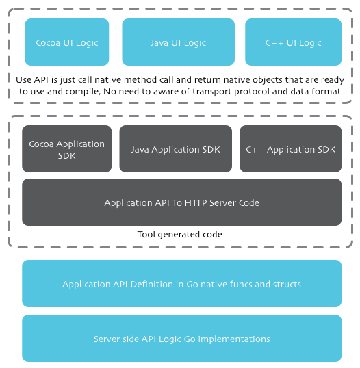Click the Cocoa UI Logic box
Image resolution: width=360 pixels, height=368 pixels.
[x=67, y=42]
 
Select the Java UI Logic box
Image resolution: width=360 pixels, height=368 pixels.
[x=178, y=42]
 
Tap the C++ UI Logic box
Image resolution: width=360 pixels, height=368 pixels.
[x=294, y=42]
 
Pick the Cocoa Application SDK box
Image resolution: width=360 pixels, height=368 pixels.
[x=67, y=148]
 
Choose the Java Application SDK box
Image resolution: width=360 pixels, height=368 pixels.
[x=176, y=148]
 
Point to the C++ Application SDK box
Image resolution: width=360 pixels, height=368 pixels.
[x=291, y=148]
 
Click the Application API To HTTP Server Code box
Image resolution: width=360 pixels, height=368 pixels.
[x=182, y=202]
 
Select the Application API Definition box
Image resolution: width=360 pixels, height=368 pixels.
[x=182, y=283]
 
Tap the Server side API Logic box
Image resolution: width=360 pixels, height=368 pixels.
[x=182, y=338]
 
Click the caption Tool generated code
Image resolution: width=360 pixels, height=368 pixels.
[x=180, y=234]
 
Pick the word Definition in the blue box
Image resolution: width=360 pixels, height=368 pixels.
[x=152, y=285]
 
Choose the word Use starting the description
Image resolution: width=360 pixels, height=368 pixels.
[x=23, y=80]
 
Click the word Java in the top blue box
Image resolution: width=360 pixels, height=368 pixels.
[x=159, y=43]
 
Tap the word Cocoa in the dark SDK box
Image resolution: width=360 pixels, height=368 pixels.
[x=41, y=144]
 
